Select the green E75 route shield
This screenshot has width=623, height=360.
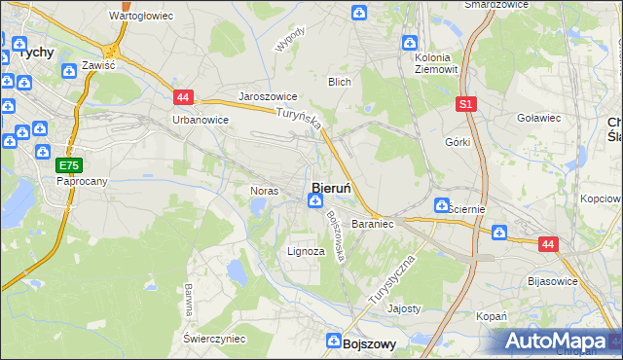pyautogui.click(x=68, y=165)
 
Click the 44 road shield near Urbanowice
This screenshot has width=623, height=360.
pyautogui.click(x=184, y=96)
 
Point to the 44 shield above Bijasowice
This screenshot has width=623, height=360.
pyautogui.click(x=548, y=245)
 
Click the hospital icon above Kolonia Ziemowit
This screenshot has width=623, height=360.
pyautogui.click(x=411, y=43)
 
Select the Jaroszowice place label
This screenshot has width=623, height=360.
pyautogui.click(x=268, y=97)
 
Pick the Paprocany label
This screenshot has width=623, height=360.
pyautogui.click(x=81, y=181)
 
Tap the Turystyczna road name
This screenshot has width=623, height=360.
pyautogui.click(x=392, y=282)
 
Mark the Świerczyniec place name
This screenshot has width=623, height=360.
pyautogui.click(x=214, y=338)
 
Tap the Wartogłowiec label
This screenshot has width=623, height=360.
pyautogui.click(x=141, y=17)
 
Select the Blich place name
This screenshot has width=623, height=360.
pyautogui.click(x=339, y=82)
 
